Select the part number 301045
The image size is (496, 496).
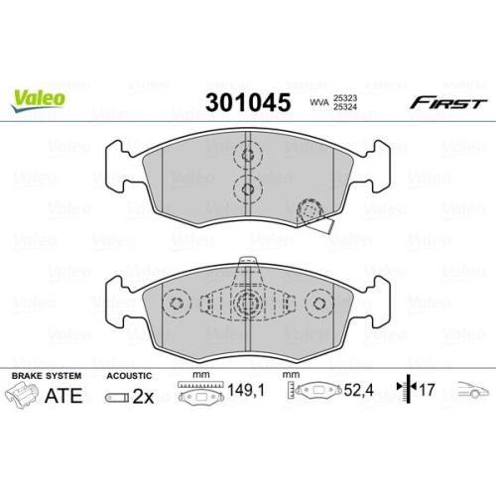[x=246, y=103]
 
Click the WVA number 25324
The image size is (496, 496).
[x=346, y=109]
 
